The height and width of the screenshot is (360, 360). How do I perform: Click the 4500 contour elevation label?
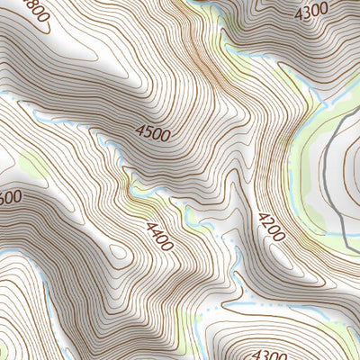(x=152, y=132)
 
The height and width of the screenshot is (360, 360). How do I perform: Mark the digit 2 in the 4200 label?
(x=268, y=224)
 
